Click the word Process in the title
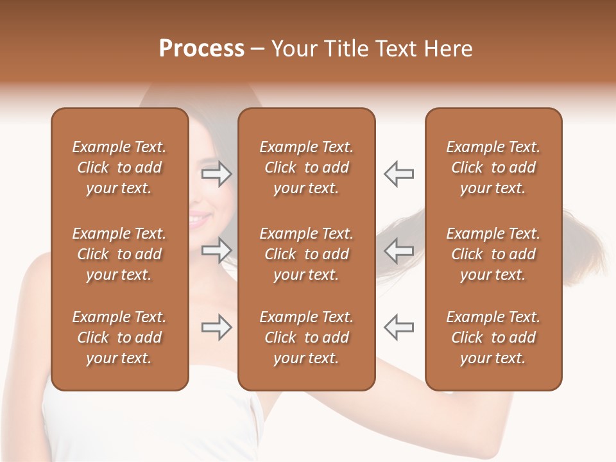point(201,49)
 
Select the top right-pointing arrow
point(217,174)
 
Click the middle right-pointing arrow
point(217,250)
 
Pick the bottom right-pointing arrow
point(217,327)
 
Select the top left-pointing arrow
point(399,174)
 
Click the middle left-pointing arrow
point(399,250)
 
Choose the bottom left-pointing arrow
point(399,327)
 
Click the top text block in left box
point(119,167)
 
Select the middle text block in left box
point(119,254)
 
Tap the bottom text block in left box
point(119,338)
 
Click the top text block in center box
point(307,167)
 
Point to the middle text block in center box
point(307,254)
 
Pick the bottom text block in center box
point(307,338)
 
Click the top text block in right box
point(493,167)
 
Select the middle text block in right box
point(493,254)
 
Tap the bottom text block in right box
point(493,338)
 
